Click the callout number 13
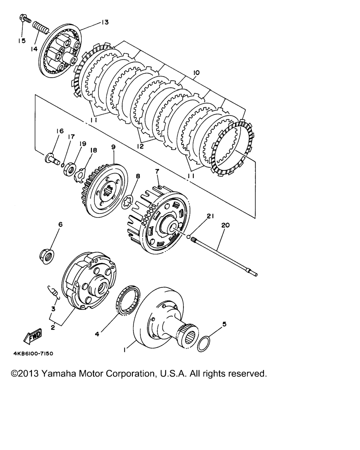tap(105, 22)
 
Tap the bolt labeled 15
tap(25, 19)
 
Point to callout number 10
tap(196, 73)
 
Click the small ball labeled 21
tap(189, 237)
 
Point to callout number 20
tap(225, 225)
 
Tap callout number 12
tap(140, 147)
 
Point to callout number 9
tap(113, 147)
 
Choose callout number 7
tap(157, 171)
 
